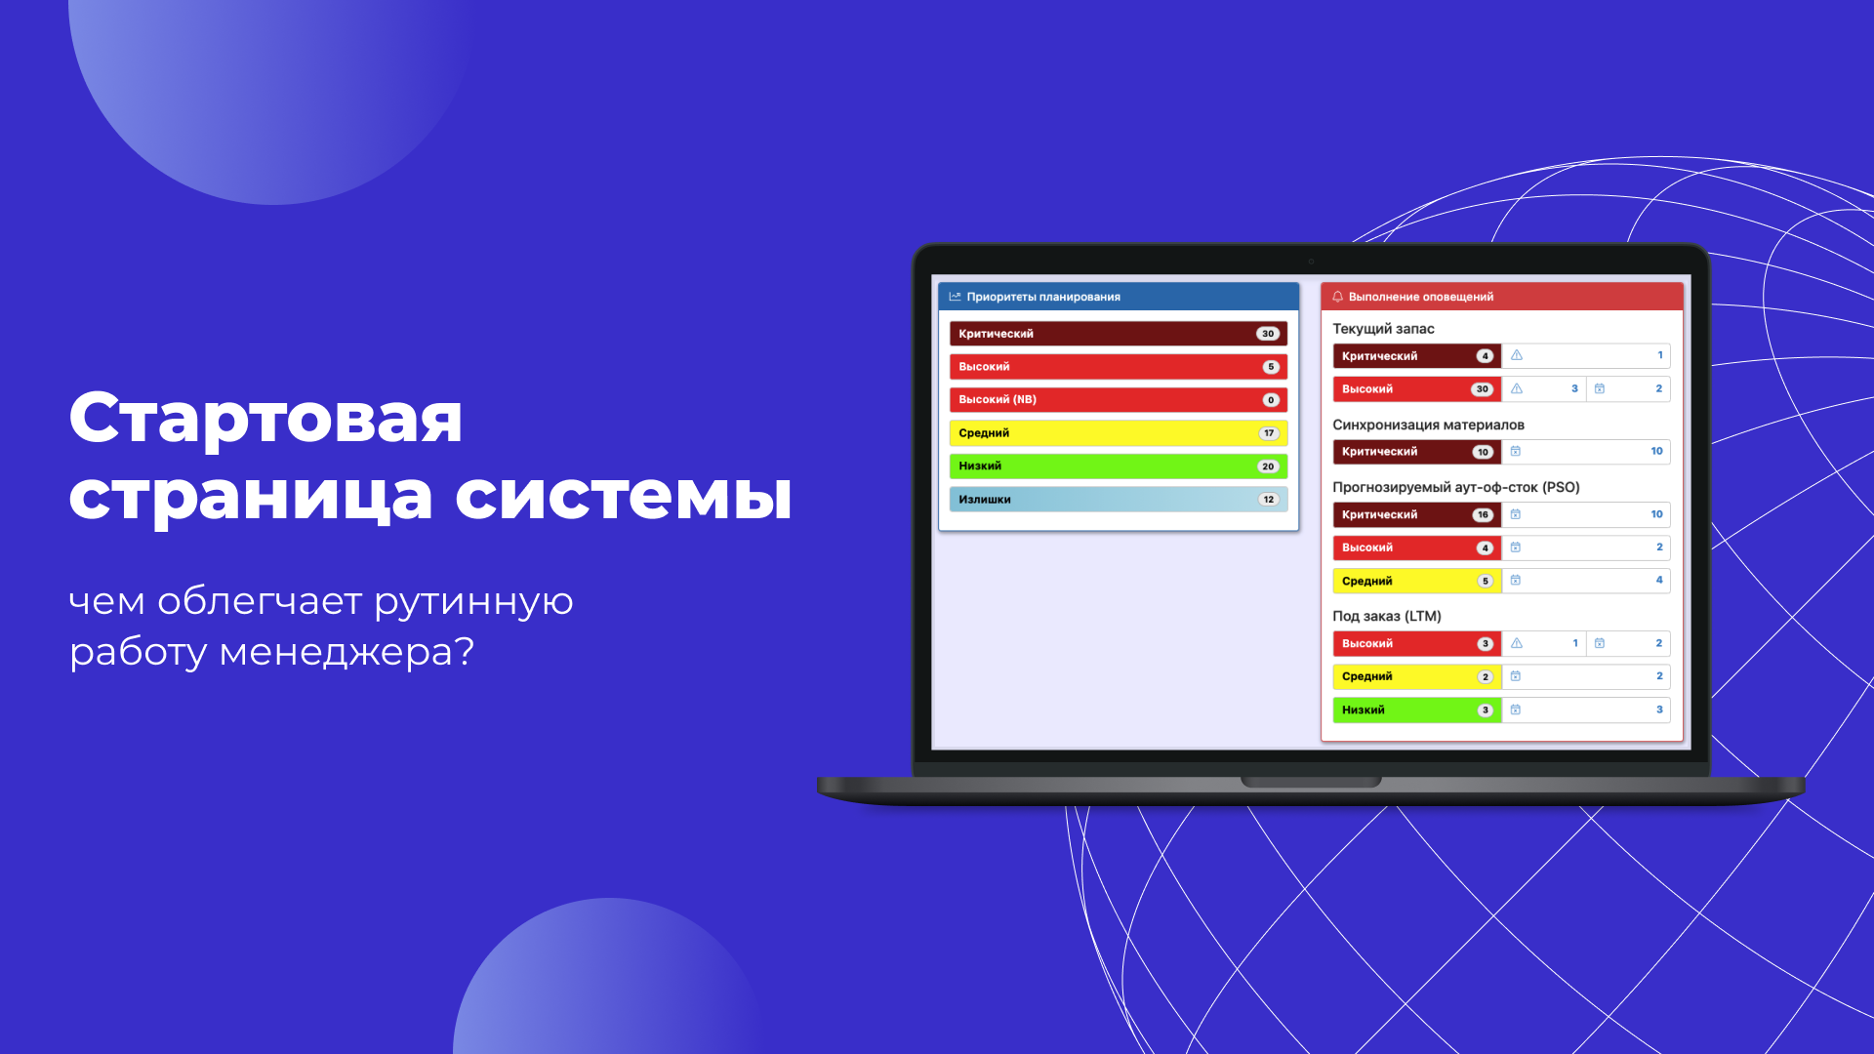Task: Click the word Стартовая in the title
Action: (x=265, y=418)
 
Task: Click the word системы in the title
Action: (x=624, y=496)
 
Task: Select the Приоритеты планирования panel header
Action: (x=1119, y=297)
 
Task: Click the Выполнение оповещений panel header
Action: (x=1502, y=297)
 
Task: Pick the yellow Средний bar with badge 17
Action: (x=1119, y=433)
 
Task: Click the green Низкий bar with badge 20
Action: (x=1119, y=466)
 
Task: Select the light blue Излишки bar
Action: (x=1119, y=500)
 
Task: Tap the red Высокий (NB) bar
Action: (x=1119, y=400)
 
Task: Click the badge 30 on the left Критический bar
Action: (x=1268, y=334)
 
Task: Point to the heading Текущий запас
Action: (x=1383, y=329)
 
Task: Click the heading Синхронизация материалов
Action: (x=1428, y=425)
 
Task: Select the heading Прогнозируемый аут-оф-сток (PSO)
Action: (x=1455, y=487)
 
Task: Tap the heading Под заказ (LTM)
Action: (x=1386, y=616)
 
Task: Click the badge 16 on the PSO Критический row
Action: (x=1483, y=515)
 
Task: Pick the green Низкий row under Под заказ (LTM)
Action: (x=1416, y=710)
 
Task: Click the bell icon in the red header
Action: (x=1337, y=297)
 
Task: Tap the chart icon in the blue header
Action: (x=955, y=297)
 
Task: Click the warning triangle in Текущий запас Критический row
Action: (x=1517, y=355)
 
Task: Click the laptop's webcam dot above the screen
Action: (x=1311, y=262)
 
